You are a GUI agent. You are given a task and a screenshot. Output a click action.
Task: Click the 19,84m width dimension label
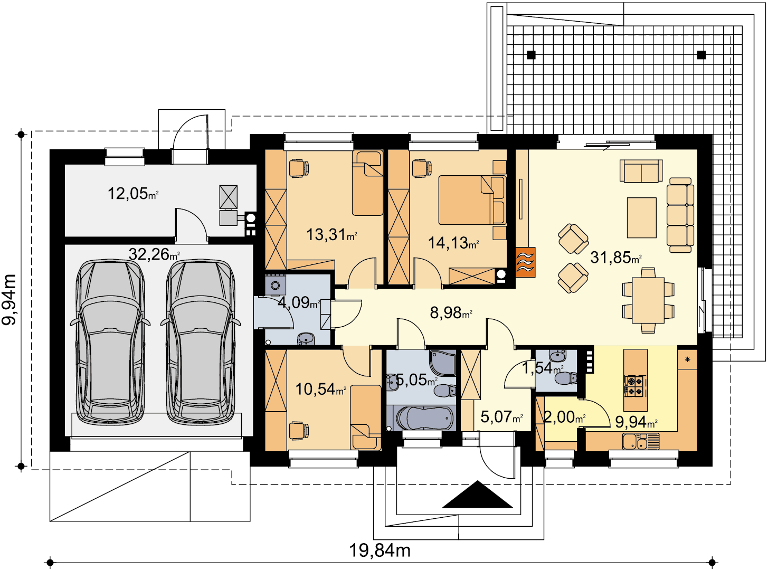pyautogui.click(x=380, y=550)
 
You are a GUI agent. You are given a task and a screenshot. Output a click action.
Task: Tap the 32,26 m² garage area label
pyautogui.click(x=154, y=254)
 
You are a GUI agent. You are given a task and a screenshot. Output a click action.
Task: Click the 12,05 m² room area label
pyautogui.click(x=134, y=194)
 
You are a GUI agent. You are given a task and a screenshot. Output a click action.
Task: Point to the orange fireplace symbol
pyautogui.click(x=525, y=262)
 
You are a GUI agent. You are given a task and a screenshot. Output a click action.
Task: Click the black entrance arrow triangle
pyautogui.click(x=478, y=494)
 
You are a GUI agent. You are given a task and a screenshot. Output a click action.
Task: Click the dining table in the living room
pyautogui.click(x=648, y=300)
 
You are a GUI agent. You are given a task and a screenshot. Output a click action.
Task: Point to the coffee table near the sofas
pyautogui.click(x=642, y=217)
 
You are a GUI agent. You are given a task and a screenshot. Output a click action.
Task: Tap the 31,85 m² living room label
pyautogui.click(x=616, y=258)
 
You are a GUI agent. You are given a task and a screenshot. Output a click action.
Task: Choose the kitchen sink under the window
pyautogui.click(x=641, y=442)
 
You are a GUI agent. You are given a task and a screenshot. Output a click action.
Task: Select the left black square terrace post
pyautogui.click(x=531, y=55)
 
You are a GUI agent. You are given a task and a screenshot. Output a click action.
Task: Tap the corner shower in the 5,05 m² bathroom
pyautogui.click(x=442, y=363)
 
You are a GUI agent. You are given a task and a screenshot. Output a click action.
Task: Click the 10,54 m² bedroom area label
pyautogui.click(x=320, y=389)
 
